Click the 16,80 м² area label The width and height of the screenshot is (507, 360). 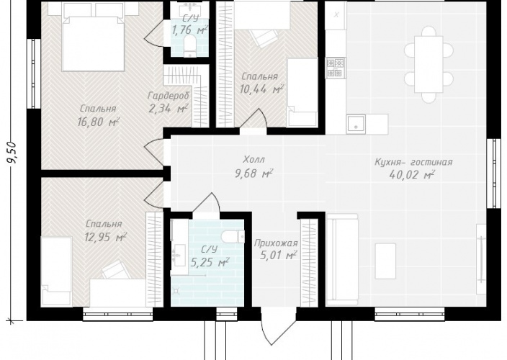point(98,122)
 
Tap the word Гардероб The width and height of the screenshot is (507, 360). point(168,96)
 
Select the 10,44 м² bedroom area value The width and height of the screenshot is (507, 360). point(261,89)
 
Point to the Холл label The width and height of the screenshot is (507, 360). point(253,159)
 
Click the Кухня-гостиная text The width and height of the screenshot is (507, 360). point(413,162)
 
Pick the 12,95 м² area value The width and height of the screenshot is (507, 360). point(105,237)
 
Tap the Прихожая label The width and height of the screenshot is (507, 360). point(276,243)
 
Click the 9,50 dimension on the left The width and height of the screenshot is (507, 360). point(14,154)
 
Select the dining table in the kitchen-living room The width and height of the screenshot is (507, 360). point(429,64)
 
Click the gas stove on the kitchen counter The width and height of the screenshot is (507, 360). point(336,68)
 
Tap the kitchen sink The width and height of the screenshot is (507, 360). point(356,124)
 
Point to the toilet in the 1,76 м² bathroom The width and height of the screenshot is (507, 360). point(189,46)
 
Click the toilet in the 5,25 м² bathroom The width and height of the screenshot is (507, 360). point(233,236)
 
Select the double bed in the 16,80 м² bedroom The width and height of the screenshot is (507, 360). point(93,44)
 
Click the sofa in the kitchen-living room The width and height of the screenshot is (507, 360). point(342,259)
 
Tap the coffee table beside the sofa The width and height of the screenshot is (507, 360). point(385,261)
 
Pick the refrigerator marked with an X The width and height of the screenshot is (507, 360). point(336,14)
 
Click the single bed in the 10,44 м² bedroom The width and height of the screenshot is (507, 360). point(302,92)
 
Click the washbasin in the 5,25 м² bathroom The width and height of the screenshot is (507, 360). point(179,256)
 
